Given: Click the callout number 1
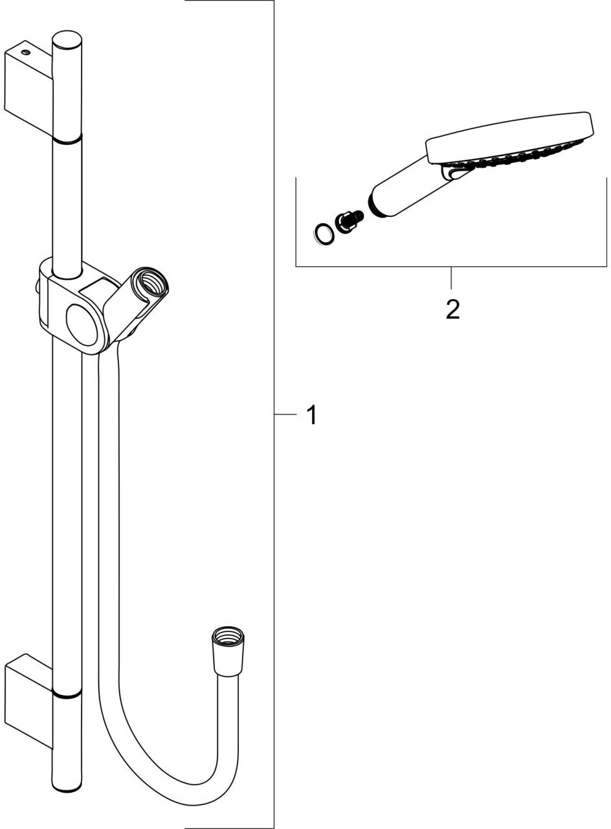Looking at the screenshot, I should coord(312,415).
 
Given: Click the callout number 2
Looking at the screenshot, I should coord(452,309).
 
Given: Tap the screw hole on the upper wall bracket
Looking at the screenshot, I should coord(25,51).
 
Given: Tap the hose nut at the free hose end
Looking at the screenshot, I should coord(228,641).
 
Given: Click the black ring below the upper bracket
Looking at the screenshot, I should coord(67,138).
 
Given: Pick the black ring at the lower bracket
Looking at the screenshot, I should coord(67,695).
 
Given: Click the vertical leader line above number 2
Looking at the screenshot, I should coord(451,278).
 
